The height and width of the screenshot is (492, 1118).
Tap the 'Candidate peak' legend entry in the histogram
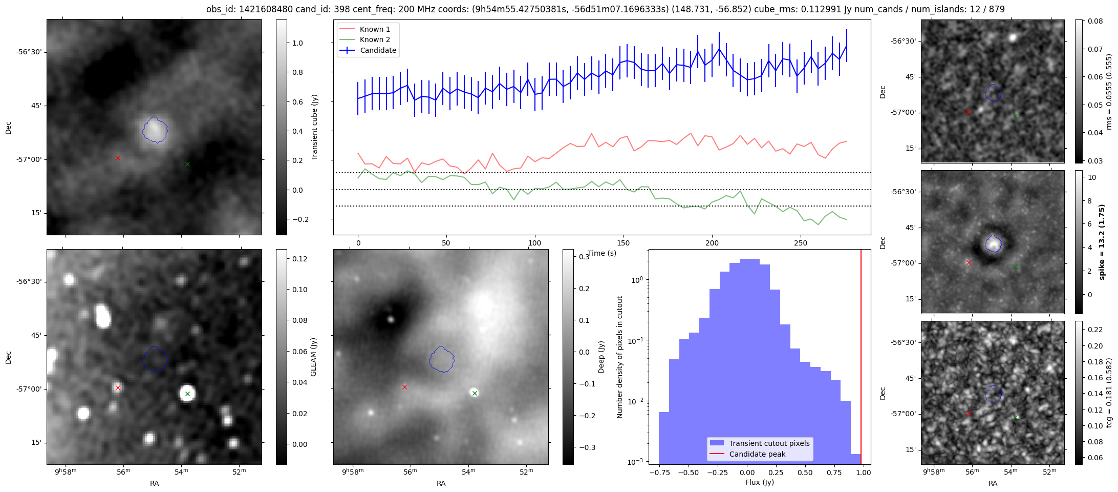pyautogui.click(x=757, y=454)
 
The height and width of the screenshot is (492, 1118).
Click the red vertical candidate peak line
pyautogui.click(x=861, y=359)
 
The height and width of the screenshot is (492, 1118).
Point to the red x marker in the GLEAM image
pyautogui.click(x=118, y=388)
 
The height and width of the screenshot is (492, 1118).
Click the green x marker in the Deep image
pyautogui.click(x=475, y=394)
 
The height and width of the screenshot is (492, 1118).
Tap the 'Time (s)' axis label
pyautogui.click(x=602, y=253)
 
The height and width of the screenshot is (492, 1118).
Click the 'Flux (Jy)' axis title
pyautogui.click(x=760, y=482)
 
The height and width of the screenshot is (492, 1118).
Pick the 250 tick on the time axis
pyautogui.click(x=801, y=243)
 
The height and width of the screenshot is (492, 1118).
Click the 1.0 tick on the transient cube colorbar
pyautogui.click(x=297, y=43)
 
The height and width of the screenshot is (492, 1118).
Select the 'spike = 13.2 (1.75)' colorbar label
pyautogui.click(x=1102, y=242)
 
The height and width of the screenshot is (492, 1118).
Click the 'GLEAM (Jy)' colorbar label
pyautogui.click(x=313, y=357)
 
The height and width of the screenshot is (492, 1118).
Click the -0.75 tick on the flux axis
pyautogui.click(x=659, y=473)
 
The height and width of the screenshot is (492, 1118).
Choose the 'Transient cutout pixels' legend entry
pyautogui.click(x=769, y=443)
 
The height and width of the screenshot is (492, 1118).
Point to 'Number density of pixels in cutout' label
pyautogui.click(x=619, y=357)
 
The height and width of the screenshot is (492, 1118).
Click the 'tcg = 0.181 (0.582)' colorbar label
pyautogui.click(x=1109, y=393)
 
